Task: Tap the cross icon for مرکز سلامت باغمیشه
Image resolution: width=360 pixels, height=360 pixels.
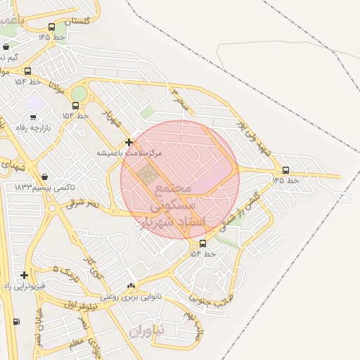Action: click(129, 142)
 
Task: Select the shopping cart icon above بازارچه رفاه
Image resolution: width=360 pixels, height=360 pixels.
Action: click(33, 116)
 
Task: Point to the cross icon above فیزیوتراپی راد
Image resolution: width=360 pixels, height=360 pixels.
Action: click(25, 275)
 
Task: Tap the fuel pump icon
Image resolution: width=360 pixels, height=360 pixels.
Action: click(16, 321)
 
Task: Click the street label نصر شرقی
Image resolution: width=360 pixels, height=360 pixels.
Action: click(84, 204)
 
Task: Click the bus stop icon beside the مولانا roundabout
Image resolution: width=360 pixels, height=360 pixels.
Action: click(75, 105)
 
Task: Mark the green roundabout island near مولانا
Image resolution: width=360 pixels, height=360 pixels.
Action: click(79, 93)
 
